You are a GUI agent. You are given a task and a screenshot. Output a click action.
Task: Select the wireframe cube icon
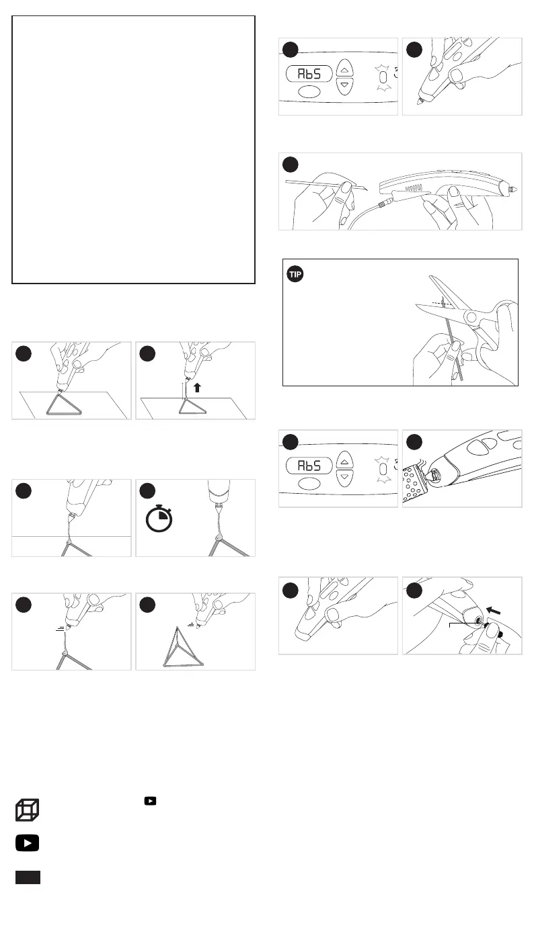(28, 810)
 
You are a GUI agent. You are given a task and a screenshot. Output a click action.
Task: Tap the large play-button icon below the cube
(28, 844)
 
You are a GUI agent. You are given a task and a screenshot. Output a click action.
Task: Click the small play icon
(151, 801)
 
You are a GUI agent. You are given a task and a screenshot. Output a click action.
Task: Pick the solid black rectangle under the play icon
(28, 877)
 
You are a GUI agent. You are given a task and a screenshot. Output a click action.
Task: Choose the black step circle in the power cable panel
(290, 165)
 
